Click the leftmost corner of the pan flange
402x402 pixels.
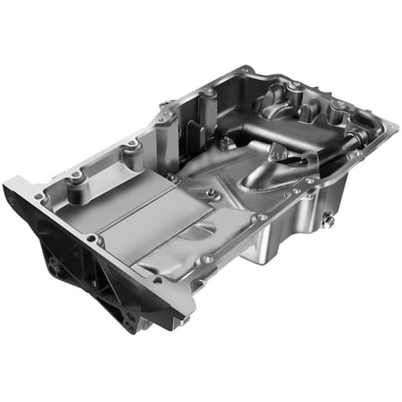[x=11, y=183]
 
